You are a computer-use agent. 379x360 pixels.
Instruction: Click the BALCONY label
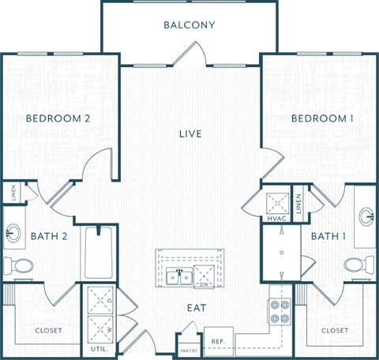[189, 24]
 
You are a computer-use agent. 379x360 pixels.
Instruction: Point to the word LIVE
[190, 134]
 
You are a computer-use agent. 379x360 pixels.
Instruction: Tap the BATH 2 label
[49, 236]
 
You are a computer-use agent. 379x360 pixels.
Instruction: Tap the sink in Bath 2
[13, 234]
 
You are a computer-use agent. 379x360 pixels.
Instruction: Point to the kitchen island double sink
[177, 276]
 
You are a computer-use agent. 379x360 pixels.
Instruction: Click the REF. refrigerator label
[219, 341]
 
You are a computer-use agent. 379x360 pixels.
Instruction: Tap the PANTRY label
[189, 349]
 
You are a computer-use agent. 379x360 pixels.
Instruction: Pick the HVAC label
[276, 218]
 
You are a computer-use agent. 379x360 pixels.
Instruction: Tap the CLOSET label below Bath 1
[335, 330]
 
